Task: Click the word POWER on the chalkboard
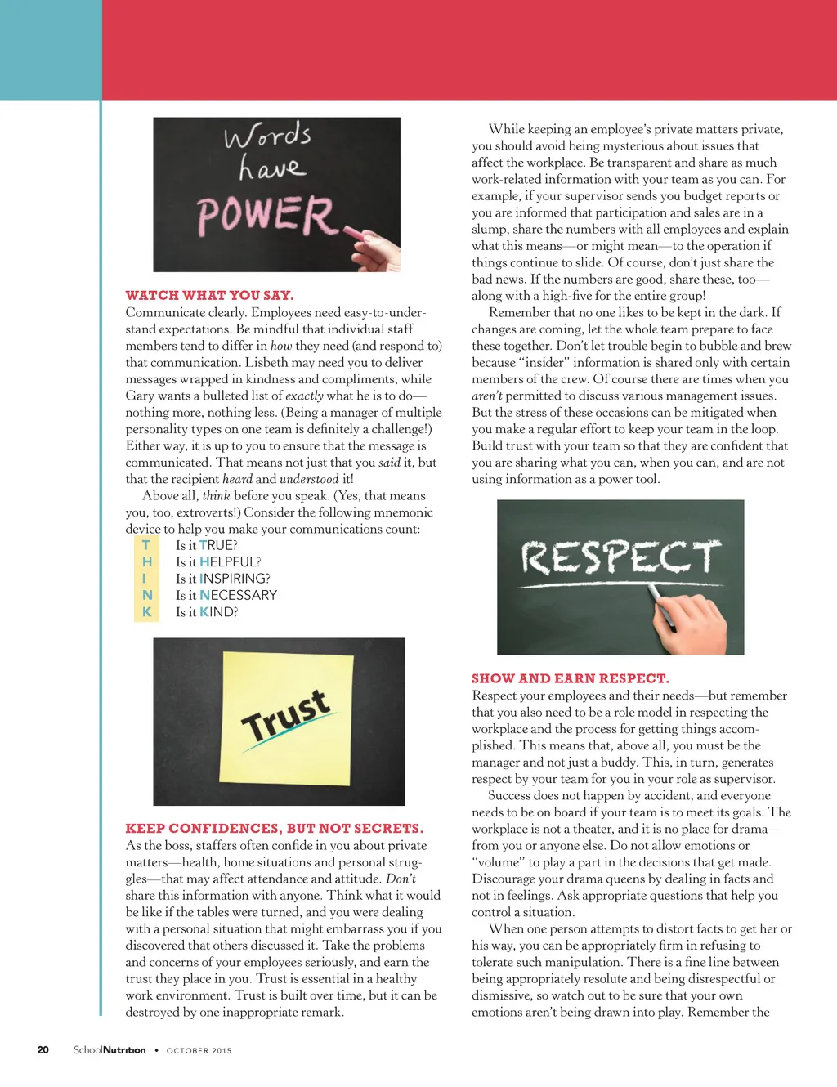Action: (x=266, y=215)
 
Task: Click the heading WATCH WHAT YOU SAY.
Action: (x=209, y=295)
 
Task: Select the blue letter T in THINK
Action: (x=146, y=545)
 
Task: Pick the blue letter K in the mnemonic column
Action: (x=147, y=611)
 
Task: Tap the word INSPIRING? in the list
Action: (x=235, y=579)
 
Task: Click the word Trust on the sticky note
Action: (x=285, y=716)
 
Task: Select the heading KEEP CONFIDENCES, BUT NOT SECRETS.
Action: (x=274, y=828)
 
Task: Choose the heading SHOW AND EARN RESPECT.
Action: (x=570, y=678)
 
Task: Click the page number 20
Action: (x=43, y=1049)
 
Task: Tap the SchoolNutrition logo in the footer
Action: (x=110, y=1049)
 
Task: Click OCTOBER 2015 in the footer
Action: (x=199, y=1050)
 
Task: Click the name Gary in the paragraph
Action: (x=141, y=396)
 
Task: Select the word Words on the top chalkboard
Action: (x=267, y=136)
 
